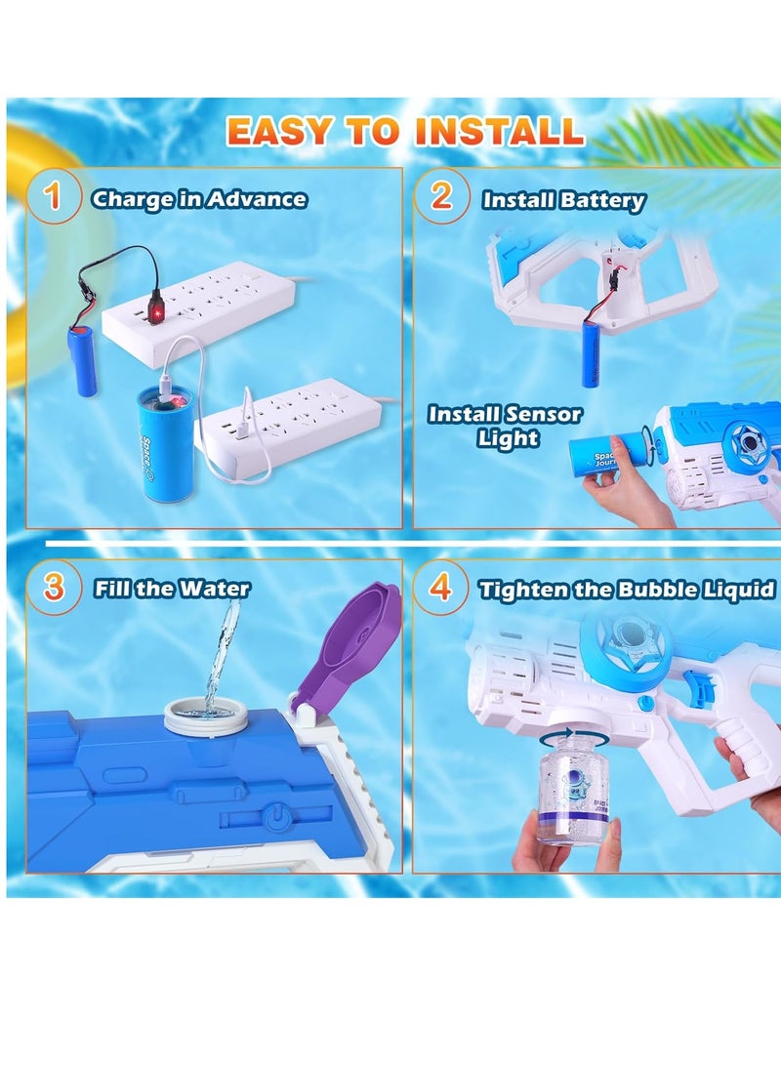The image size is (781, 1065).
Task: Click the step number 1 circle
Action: click(53, 198)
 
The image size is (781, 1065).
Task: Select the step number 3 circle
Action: click(55, 587)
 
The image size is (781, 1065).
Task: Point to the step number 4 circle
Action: click(441, 589)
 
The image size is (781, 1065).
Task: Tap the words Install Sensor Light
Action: click(505, 426)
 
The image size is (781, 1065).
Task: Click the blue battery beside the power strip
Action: click(85, 360)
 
